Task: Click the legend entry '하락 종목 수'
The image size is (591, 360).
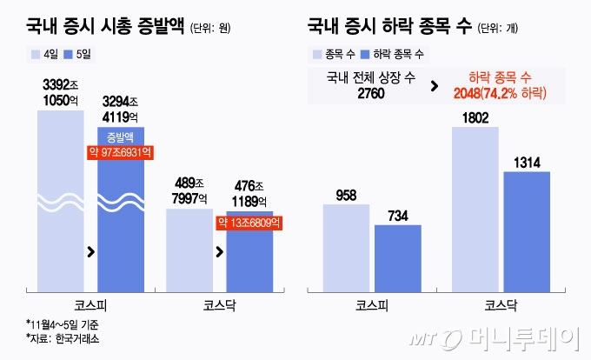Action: [396, 54]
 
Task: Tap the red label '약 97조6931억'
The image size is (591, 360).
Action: [121, 152]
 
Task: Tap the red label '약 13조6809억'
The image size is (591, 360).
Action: [250, 223]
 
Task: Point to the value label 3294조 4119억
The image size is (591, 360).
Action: [120, 109]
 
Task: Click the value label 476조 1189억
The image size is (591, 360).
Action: [249, 192]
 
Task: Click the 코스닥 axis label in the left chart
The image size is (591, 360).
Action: [219, 305]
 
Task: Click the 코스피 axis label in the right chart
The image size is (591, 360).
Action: [372, 305]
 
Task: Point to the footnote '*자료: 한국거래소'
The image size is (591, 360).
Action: [63, 338]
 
